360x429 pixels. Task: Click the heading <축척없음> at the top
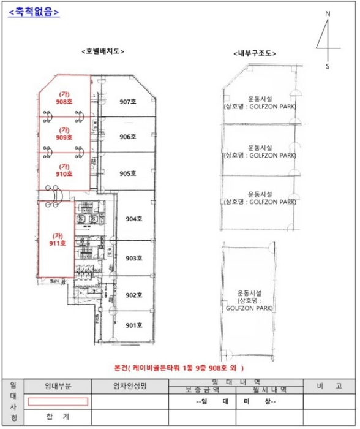tap(34, 12)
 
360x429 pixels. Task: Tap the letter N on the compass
tap(328, 13)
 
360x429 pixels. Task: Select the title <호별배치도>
tap(103, 51)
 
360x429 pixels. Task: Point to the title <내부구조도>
tap(255, 54)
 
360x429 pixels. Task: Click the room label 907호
tap(127, 102)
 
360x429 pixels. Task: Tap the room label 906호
tap(127, 137)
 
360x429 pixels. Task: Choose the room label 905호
tap(127, 173)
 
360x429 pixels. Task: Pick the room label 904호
tap(134, 218)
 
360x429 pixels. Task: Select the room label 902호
tap(133, 295)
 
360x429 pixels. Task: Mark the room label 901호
tap(133, 325)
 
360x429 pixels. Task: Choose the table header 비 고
tap(328, 386)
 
